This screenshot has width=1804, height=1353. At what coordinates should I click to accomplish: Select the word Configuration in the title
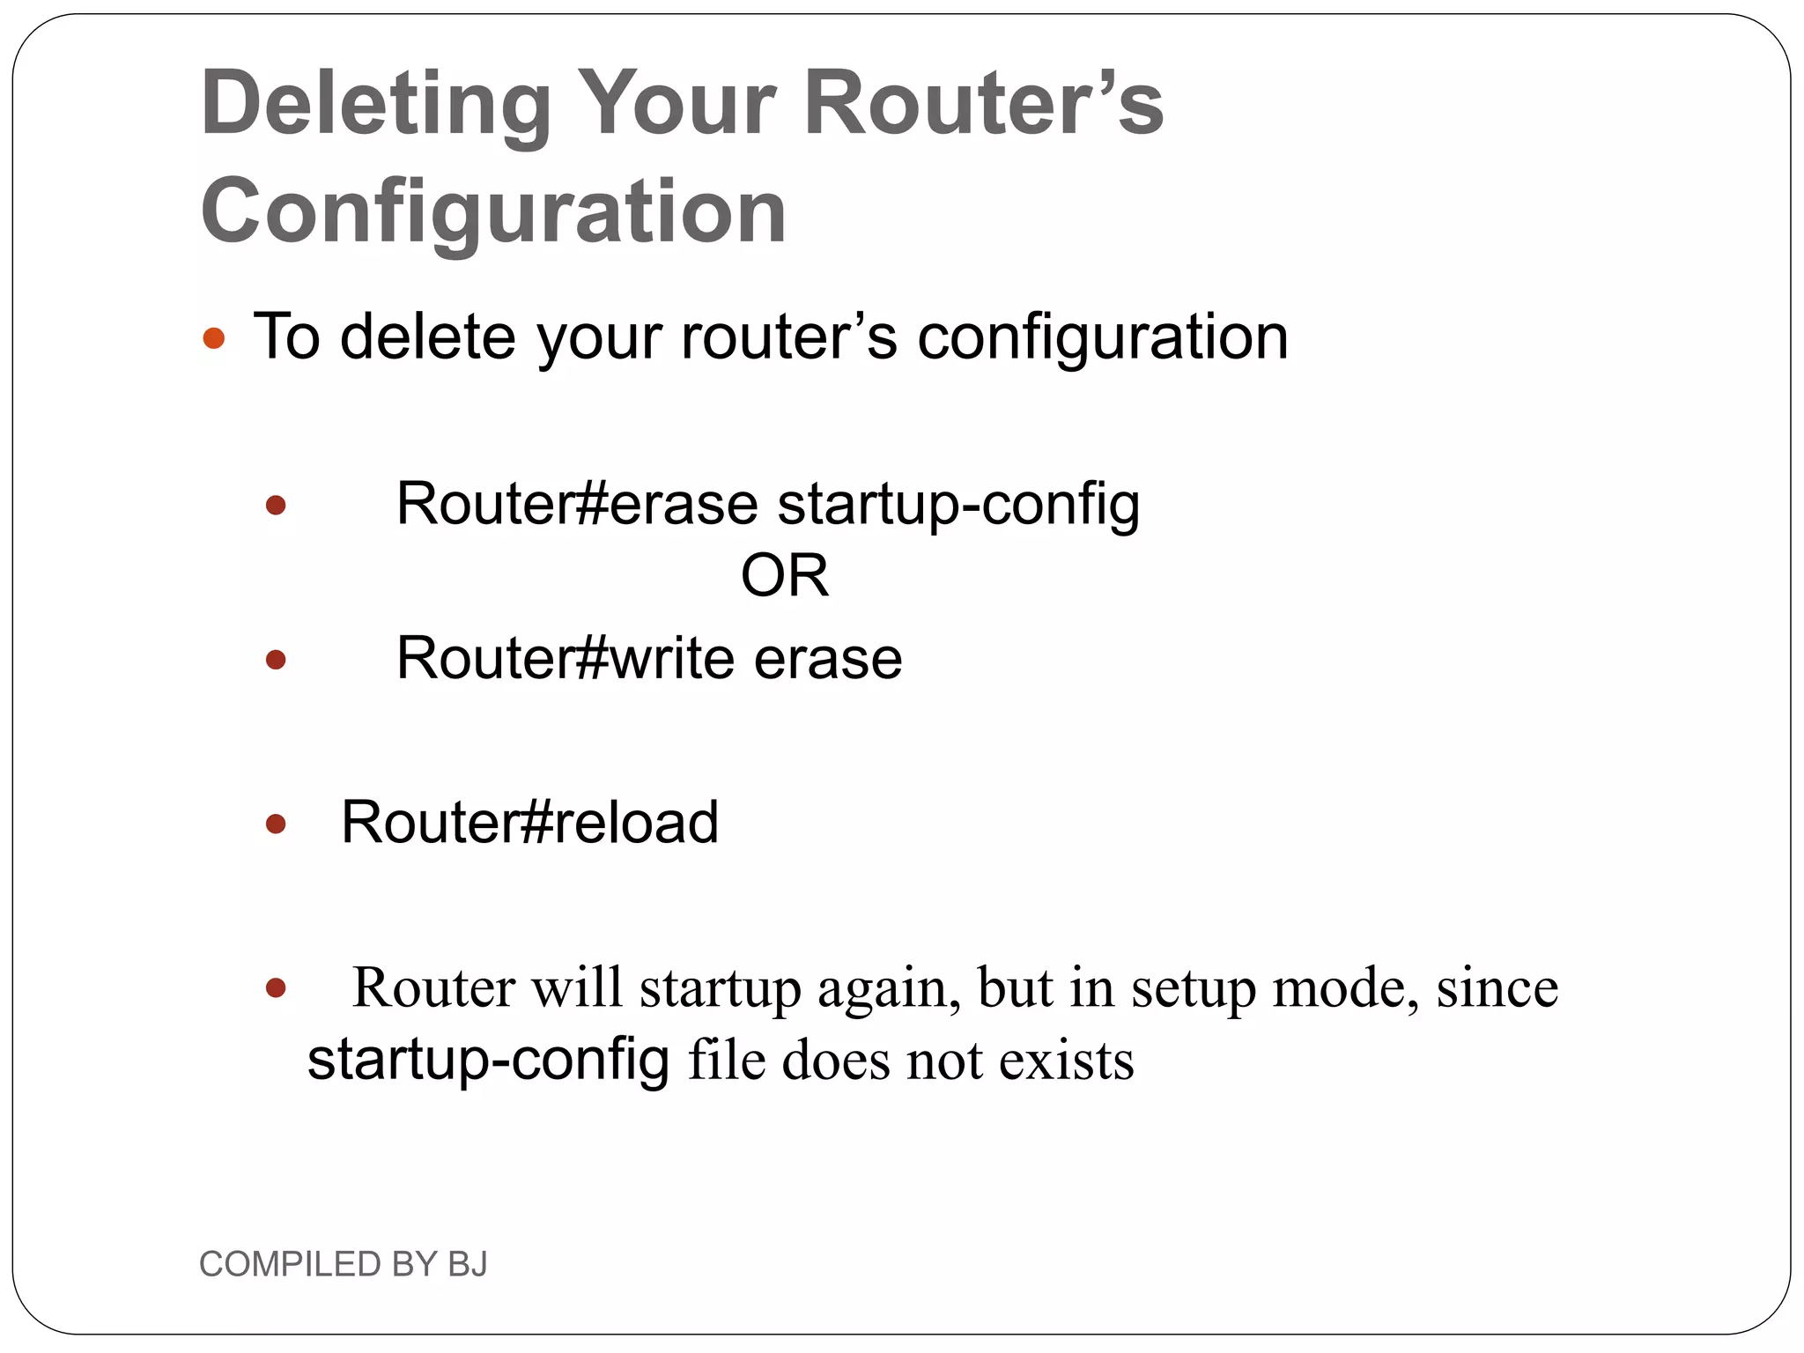(493, 211)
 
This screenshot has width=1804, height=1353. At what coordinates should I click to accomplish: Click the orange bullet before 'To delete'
(214, 338)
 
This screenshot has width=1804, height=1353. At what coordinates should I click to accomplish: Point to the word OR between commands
(784, 576)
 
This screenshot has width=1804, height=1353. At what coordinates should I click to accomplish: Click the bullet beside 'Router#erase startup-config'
(276, 506)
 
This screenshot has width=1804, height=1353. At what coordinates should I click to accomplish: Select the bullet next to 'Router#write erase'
(276, 660)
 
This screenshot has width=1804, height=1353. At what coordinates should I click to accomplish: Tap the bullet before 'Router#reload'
(276, 824)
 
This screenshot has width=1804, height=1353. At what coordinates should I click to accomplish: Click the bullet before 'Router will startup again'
(276, 988)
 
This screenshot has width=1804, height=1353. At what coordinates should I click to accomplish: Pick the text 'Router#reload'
(529, 823)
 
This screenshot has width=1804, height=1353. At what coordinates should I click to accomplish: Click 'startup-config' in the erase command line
(958, 506)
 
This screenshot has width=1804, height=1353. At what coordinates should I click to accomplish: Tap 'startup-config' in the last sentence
(488, 1060)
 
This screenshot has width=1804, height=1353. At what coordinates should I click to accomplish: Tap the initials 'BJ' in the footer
(467, 1264)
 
